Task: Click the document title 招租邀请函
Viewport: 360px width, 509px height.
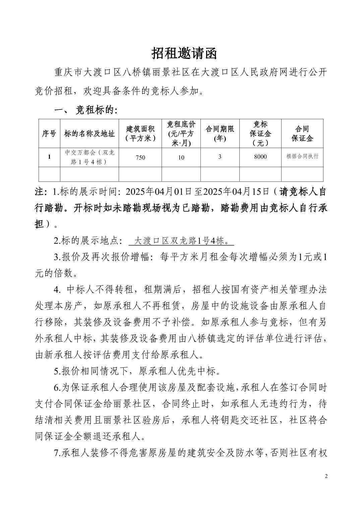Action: [184, 54]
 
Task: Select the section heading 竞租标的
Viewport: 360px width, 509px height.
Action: [96, 111]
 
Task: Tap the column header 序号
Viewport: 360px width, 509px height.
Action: [49, 134]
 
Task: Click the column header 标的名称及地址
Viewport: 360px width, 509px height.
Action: [89, 134]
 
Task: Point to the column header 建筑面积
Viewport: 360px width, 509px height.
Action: [140, 133]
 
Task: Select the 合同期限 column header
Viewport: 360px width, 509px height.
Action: [220, 133]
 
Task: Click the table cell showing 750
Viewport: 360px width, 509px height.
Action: [140, 157]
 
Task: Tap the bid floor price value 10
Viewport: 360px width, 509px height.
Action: [181, 157]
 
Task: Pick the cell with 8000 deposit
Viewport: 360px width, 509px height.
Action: [260, 157]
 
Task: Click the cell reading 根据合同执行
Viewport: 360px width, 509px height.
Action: [302, 156]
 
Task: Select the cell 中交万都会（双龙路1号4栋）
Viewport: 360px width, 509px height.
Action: [89, 157]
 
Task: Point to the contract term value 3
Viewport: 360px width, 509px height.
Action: [220, 157]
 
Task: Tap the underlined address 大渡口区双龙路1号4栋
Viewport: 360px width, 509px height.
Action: [181, 241]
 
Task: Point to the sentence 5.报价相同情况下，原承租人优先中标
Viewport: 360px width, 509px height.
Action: [137, 371]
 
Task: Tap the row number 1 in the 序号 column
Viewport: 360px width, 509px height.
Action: [49, 157]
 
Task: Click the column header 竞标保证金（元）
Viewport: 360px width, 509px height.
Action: [260, 133]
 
